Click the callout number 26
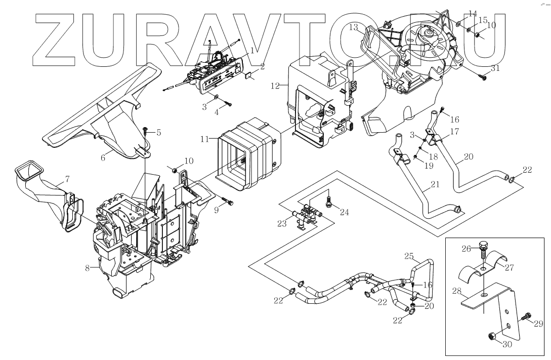point(465,249)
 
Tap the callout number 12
point(275,86)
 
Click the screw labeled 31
point(482,77)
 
